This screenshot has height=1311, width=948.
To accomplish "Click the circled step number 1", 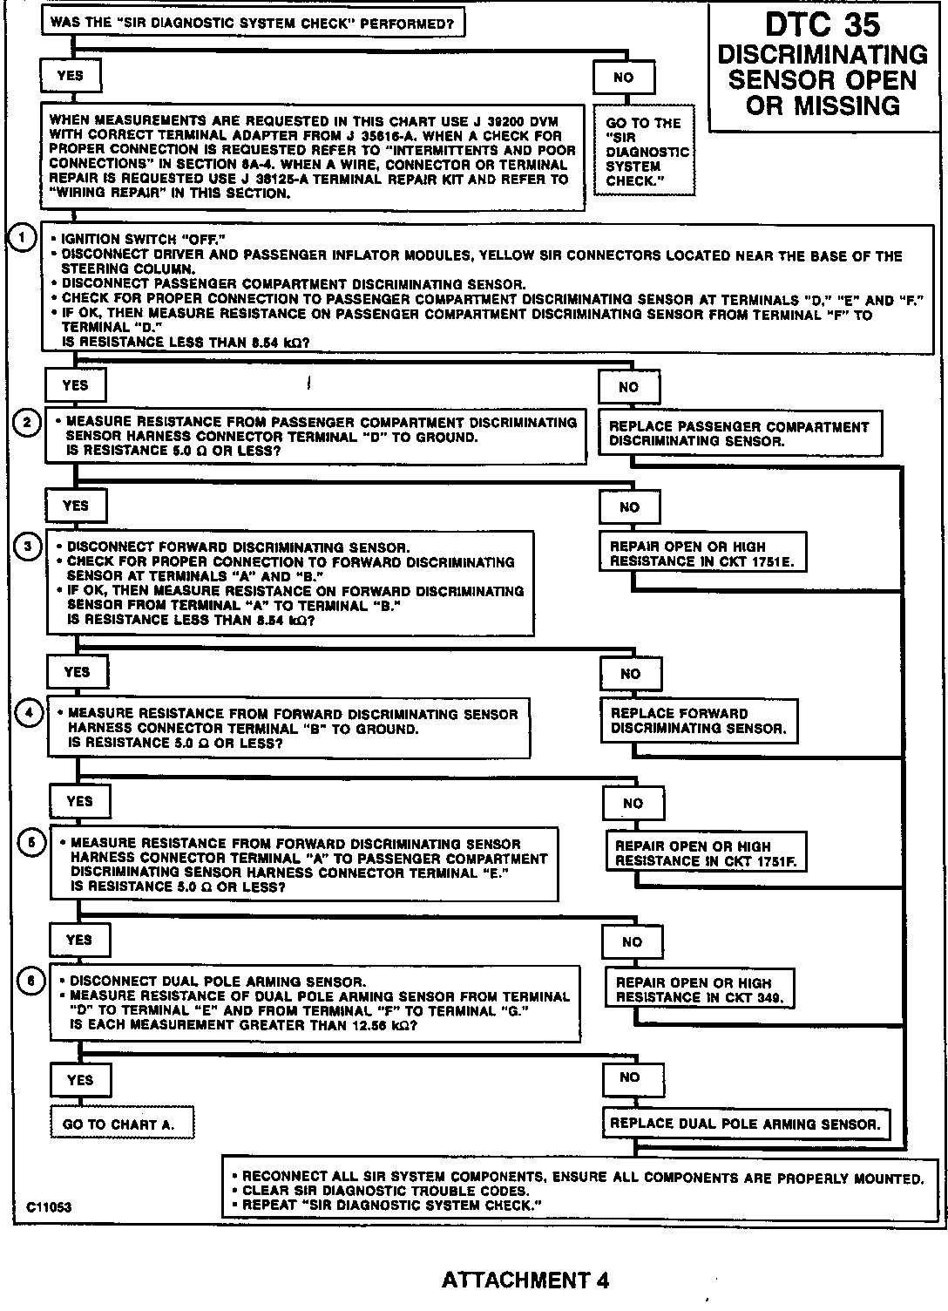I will pyautogui.click(x=21, y=237).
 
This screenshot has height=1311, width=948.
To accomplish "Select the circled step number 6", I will pyautogui.click(x=31, y=981).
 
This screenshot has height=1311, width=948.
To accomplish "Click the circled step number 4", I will pyautogui.click(x=30, y=712).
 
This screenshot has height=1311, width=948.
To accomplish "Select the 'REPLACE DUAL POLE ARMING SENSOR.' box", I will pyautogui.click(x=745, y=1123).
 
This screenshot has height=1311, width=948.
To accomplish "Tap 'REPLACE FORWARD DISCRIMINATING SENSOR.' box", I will pyautogui.click(x=699, y=721).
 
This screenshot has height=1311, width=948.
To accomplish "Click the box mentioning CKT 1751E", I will pyautogui.click(x=701, y=554).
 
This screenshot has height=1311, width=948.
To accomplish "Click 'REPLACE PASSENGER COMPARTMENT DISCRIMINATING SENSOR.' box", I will pyautogui.click(x=739, y=433).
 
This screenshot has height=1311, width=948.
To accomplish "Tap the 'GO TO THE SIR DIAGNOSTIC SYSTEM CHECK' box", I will pyautogui.click(x=644, y=152).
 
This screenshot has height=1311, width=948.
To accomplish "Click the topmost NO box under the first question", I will pyautogui.click(x=624, y=77).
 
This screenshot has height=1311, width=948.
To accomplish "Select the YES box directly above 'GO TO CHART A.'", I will pyautogui.click(x=80, y=1080).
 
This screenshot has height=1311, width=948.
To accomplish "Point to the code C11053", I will pyautogui.click(x=49, y=1207).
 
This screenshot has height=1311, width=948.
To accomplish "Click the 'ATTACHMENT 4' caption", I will pyautogui.click(x=525, y=1280).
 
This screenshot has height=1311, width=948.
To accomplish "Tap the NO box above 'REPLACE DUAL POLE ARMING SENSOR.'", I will pyautogui.click(x=630, y=1077).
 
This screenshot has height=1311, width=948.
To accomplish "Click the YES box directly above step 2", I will pyautogui.click(x=76, y=384).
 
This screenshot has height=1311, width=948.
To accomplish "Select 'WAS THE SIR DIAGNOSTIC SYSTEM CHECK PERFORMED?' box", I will pyautogui.click(x=252, y=23).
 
